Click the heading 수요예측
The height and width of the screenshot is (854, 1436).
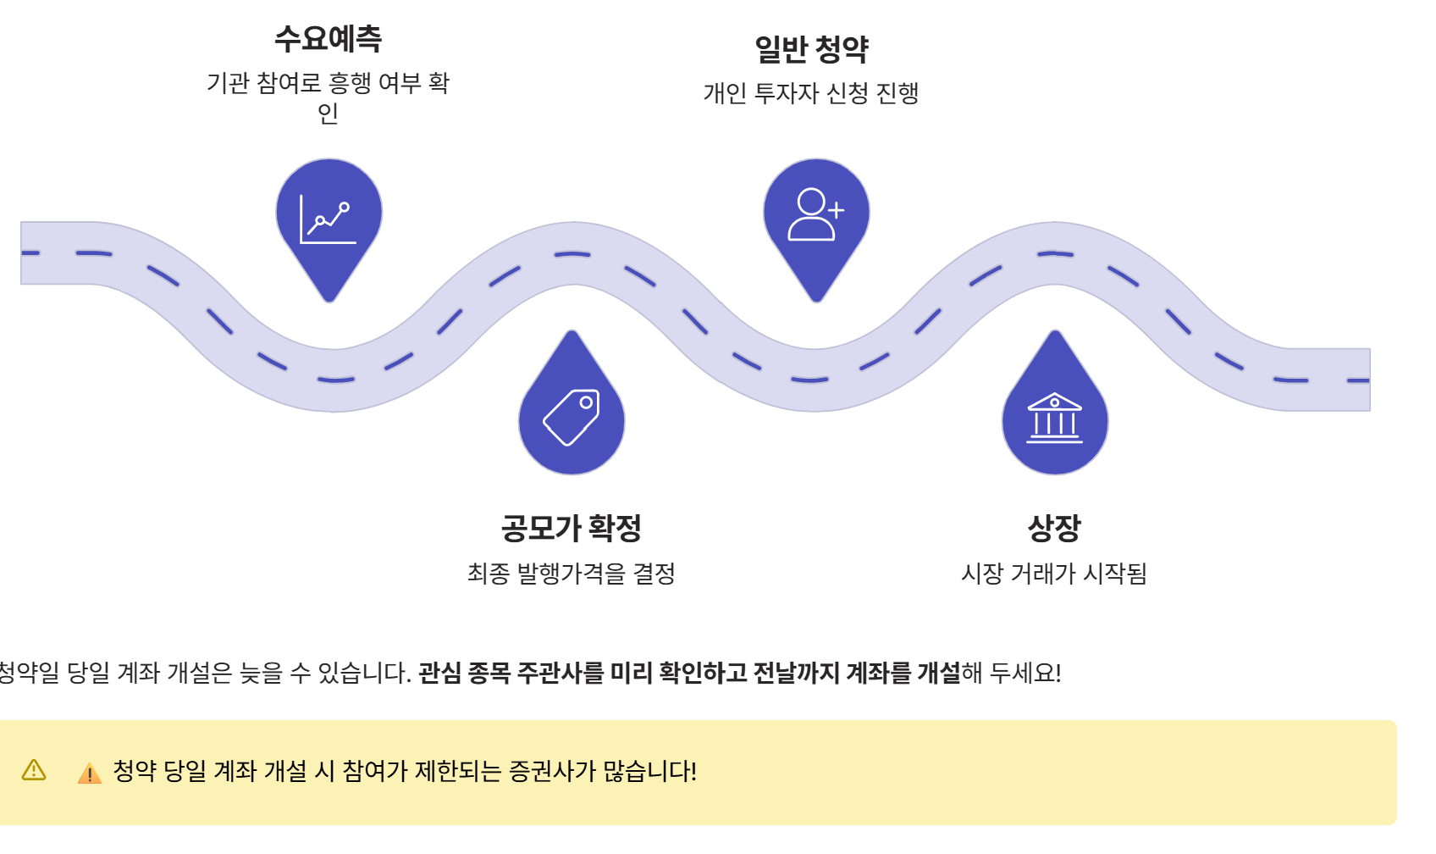coord(328,39)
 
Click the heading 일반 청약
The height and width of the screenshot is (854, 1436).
coord(811,49)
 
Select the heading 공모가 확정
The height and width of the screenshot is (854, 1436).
coord(572,528)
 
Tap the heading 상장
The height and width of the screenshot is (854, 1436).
coord(1054,528)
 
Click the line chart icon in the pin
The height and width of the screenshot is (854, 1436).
coord(328,219)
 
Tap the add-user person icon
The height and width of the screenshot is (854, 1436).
coord(815,214)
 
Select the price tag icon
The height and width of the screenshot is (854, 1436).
coord(572,417)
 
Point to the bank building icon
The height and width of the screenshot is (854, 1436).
coord(1054,418)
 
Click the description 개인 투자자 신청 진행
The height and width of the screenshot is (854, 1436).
coord(811,92)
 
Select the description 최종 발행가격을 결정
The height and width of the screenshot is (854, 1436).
coord(572,574)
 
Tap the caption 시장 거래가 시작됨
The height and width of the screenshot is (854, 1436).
coord(1054,574)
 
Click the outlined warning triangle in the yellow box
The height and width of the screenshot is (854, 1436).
coord(34,770)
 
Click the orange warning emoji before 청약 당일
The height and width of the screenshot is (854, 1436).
coord(90,773)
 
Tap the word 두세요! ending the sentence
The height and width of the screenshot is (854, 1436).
coord(1025,673)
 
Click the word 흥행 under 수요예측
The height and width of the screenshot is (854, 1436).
coord(350,83)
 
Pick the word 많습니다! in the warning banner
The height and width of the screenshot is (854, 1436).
coord(650,771)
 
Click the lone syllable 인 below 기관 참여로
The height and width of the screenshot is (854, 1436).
coord(328,113)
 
